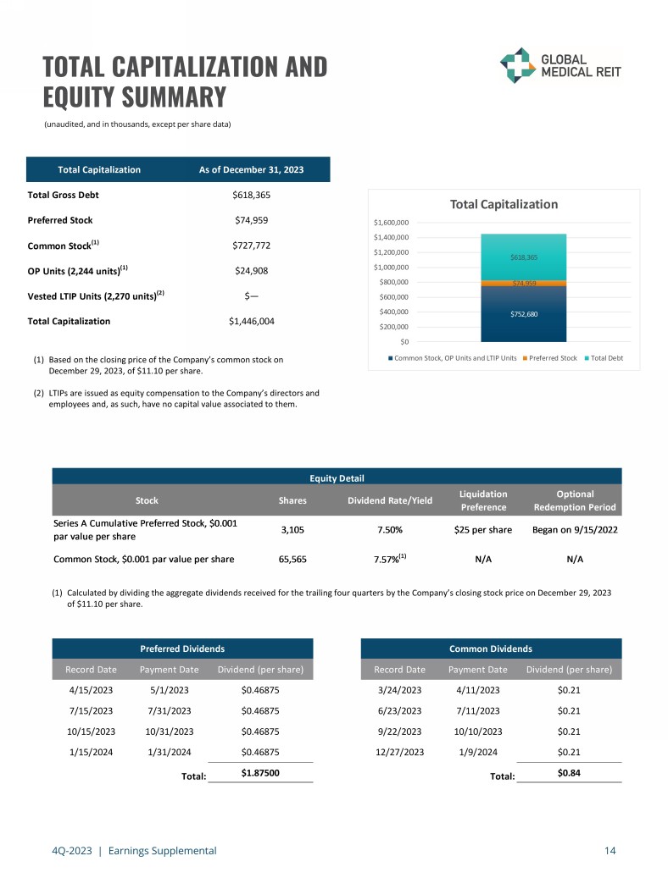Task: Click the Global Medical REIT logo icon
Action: pyautogui.click(x=517, y=65)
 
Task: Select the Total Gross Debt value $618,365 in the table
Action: pyautogui.click(x=251, y=195)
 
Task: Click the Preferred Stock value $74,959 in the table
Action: pyautogui.click(x=251, y=220)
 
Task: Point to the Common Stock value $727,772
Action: pyautogui.click(x=251, y=246)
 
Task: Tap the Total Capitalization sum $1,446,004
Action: pyautogui.click(x=251, y=322)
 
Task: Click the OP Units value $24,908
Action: pyautogui.click(x=251, y=271)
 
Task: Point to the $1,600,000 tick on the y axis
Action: pyautogui.click(x=392, y=223)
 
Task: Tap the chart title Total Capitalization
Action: pyautogui.click(x=504, y=204)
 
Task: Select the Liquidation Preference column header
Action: pyautogui.click(x=483, y=500)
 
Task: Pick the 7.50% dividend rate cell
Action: pyautogui.click(x=389, y=530)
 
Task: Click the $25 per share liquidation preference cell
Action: pyautogui.click(x=482, y=530)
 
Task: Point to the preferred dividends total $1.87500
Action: pyautogui.click(x=261, y=773)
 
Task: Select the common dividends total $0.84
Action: pyautogui.click(x=569, y=773)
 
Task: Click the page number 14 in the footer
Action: pyautogui.click(x=610, y=851)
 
